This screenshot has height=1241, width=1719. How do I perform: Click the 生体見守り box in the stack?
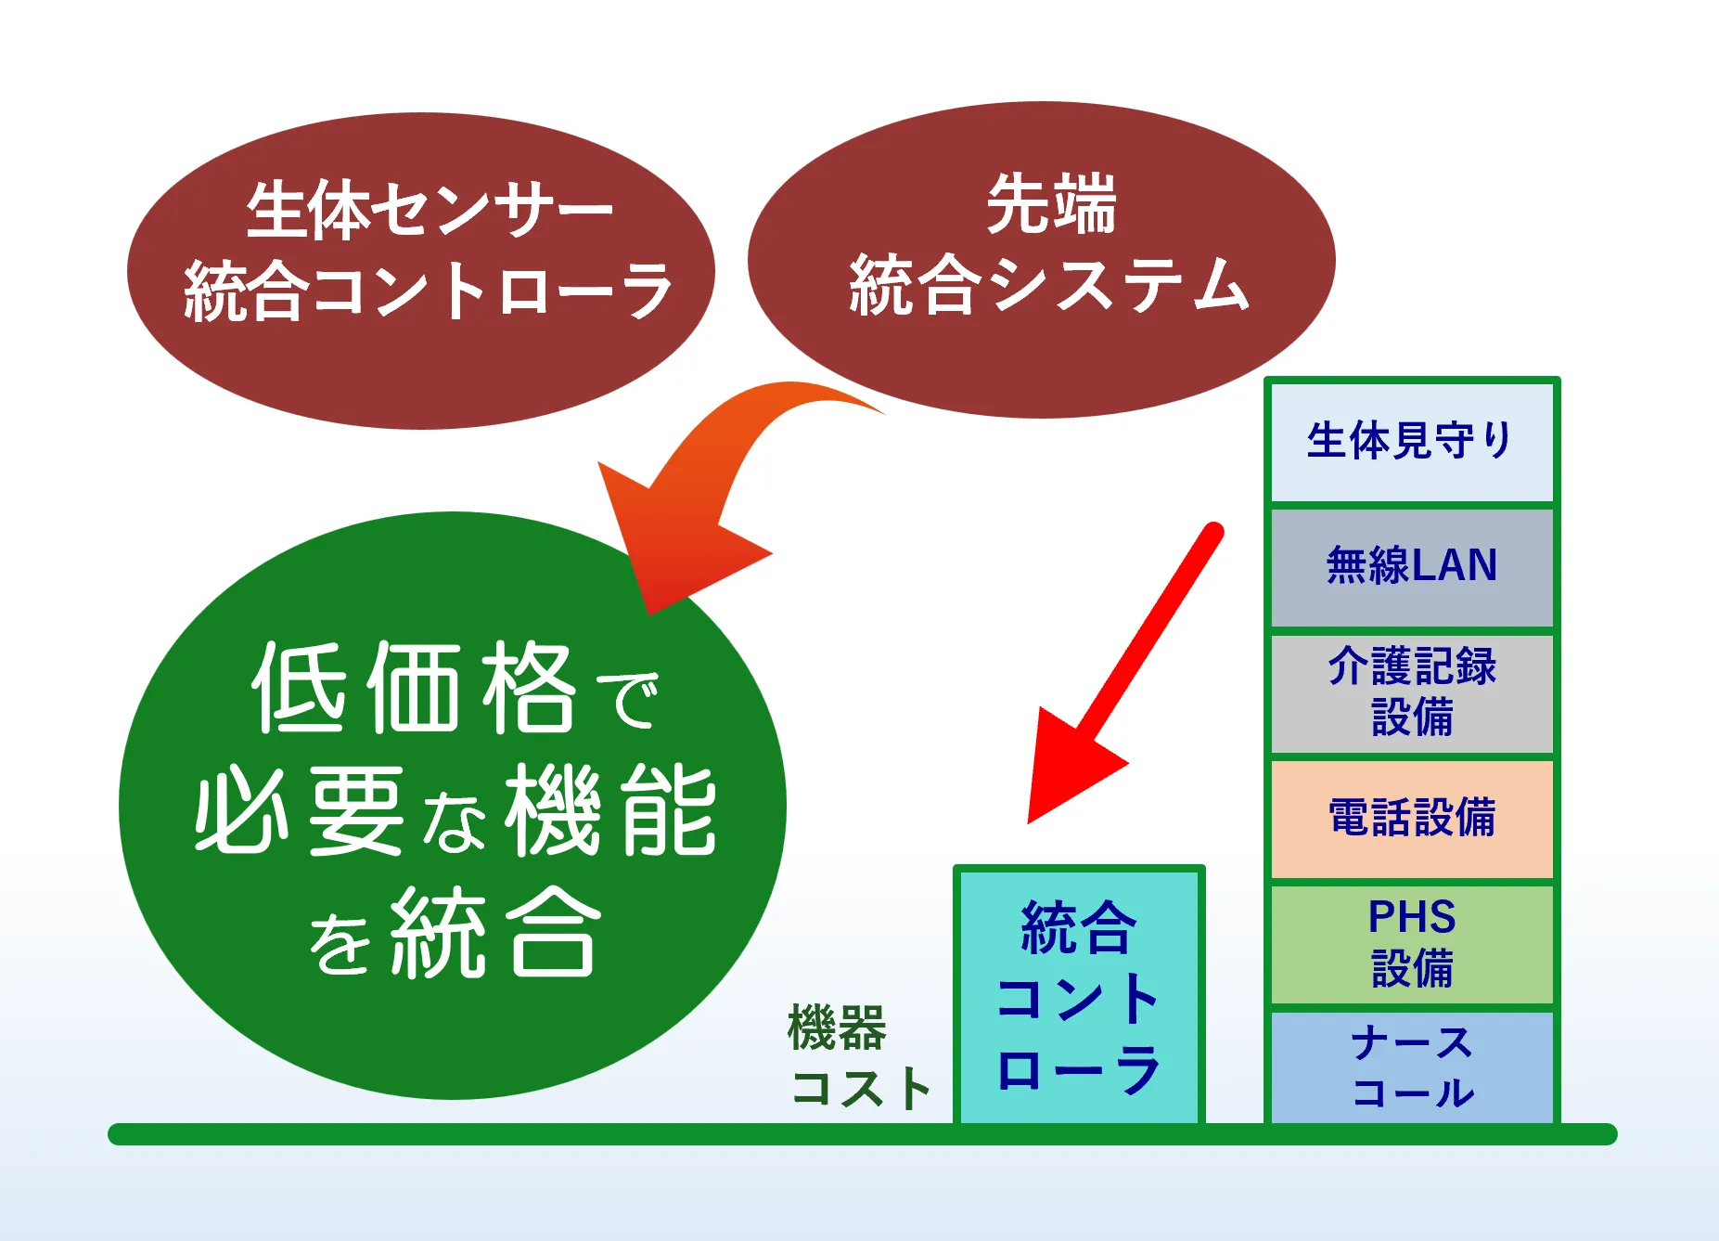[1412, 442]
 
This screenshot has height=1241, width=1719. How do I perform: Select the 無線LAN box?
[1412, 567]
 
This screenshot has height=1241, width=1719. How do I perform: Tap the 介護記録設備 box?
[1412, 693]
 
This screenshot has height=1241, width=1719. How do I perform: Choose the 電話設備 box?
[1412, 819]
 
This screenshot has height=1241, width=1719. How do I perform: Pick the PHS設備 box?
[1412, 944]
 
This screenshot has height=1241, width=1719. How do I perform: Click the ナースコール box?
[1412, 1067]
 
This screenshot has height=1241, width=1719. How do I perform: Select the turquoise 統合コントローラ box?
[1079, 996]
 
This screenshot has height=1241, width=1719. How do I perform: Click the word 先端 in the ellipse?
[1051, 204]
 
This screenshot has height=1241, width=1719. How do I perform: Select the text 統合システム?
[1049, 284]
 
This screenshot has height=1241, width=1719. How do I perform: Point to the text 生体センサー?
[429, 210]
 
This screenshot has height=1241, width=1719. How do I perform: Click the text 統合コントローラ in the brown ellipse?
[428, 291]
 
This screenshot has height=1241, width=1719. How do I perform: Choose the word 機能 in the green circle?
[611, 810]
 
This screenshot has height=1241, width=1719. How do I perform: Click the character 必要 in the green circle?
[300, 810]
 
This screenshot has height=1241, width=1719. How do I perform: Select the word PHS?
[1412, 917]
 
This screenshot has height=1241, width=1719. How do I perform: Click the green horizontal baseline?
[863, 1134]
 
